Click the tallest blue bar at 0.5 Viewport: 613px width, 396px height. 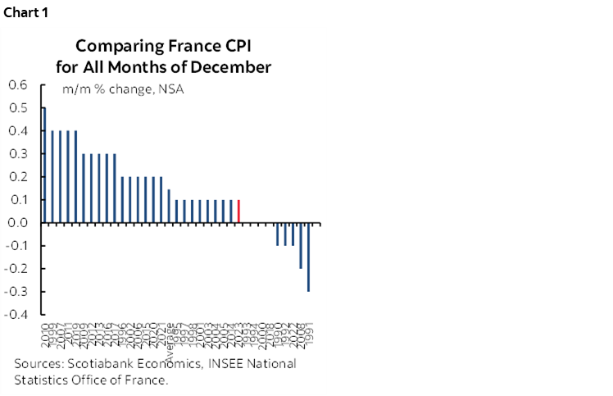(44, 165)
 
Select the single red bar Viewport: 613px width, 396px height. (238, 211)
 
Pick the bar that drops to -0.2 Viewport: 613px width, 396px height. (301, 245)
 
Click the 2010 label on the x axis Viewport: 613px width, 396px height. (44, 333)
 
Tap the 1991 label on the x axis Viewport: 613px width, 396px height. (309, 333)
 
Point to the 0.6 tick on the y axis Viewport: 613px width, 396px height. (18, 85)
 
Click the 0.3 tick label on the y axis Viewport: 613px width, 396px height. (18, 154)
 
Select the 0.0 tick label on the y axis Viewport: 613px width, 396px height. (18, 223)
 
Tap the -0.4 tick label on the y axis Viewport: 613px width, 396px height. (16, 315)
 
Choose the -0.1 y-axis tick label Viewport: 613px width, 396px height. (16, 246)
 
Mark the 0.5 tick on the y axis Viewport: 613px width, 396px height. (18, 108)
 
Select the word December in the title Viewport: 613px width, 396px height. (231, 66)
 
